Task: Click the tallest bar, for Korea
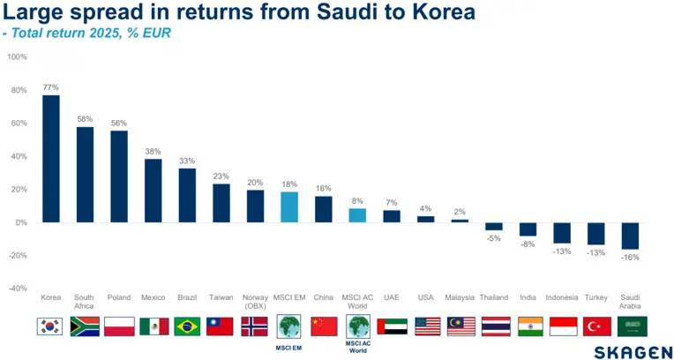[x=51, y=159]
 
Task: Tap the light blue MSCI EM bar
[x=289, y=207]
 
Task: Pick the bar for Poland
[x=119, y=176]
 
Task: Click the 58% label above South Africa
[x=85, y=119]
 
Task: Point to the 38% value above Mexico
[x=153, y=151]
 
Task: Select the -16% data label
[x=631, y=258]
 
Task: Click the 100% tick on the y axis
[x=17, y=56]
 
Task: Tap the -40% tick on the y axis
[x=17, y=289]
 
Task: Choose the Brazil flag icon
[x=186, y=326]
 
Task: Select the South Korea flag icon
[x=50, y=326]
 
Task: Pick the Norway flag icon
[x=255, y=326]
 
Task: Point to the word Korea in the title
[x=440, y=13]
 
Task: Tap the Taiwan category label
[x=221, y=297]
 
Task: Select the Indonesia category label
[x=563, y=297]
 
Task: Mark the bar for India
[x=528, y=229]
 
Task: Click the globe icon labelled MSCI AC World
[x=357, y=326]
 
